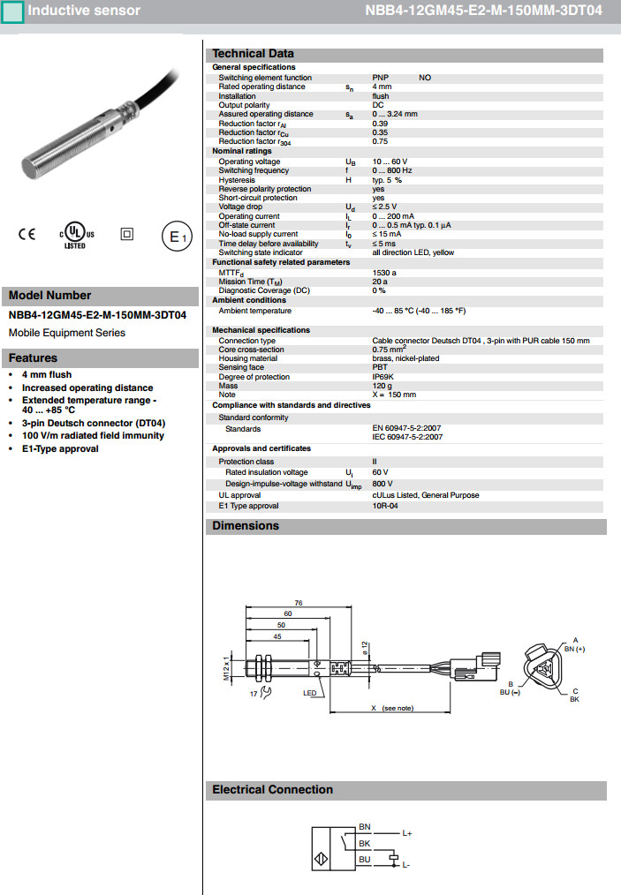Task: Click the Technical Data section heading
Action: coord(253,54)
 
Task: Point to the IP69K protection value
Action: coord(383,377)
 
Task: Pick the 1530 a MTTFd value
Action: coord(384,273)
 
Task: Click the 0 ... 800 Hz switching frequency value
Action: coord(392,170)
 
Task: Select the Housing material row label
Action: coord(248,358)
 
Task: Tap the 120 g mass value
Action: coord(382,386)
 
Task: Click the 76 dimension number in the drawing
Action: coord(299,602)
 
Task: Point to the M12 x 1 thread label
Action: coord(225,670)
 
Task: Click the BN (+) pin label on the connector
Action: coord(574,649)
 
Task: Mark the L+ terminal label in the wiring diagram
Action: coord(407,832)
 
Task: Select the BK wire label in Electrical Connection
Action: coord(364,843)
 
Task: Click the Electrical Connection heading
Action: coord(272,790)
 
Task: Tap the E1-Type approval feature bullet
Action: coord(60,448)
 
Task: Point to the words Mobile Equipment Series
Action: coord(66,333)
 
